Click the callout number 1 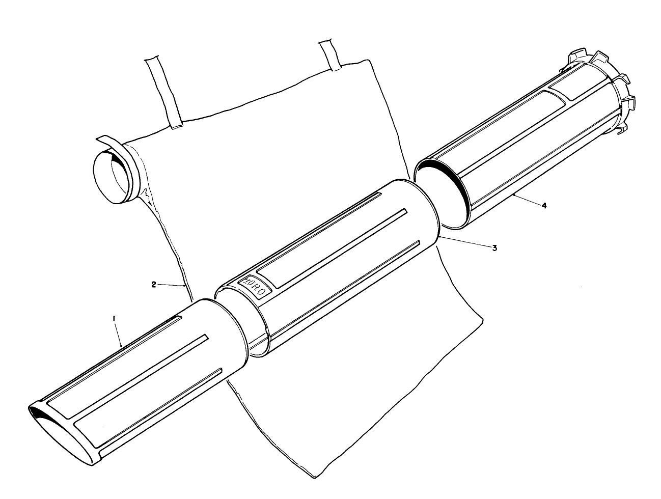click(x=114, y=318)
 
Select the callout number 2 click(x=154, y=285)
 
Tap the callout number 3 click(x=494, y=247)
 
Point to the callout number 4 click(x=544, y=206)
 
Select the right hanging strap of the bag click(x=330, y=56)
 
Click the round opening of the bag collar click(x=113, y=177)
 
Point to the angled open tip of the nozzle click(x=60, y=422)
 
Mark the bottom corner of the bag click(x=314, y=477)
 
